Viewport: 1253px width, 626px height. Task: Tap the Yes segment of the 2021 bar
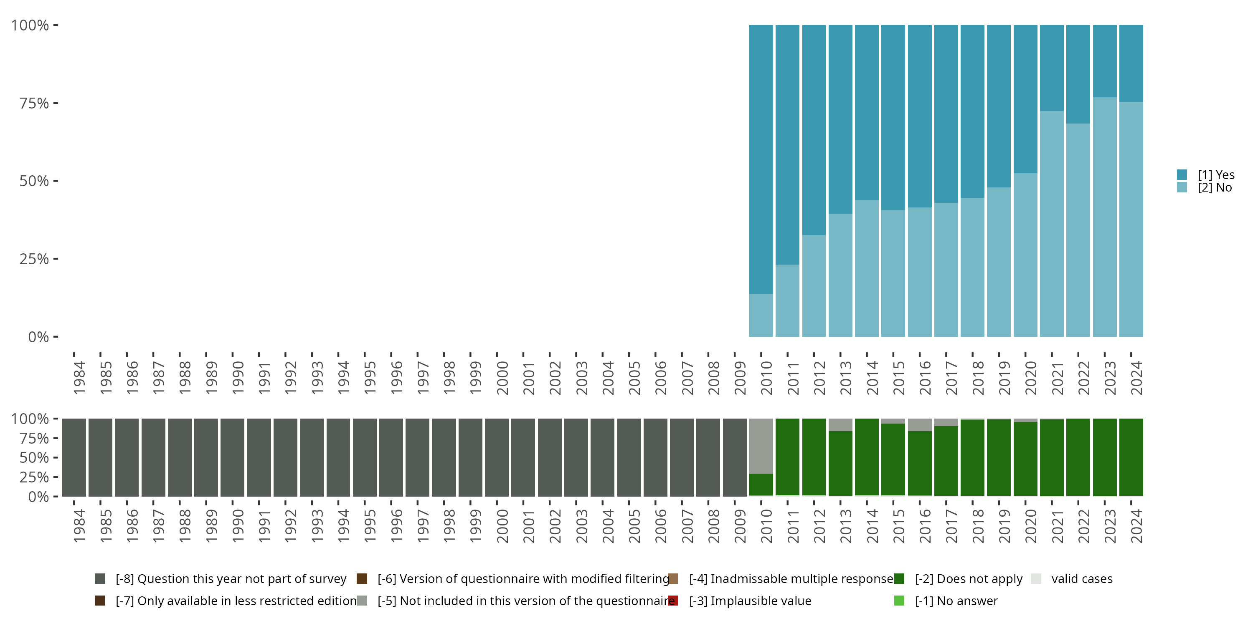[1052, 68]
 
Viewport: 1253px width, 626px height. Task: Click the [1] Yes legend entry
[1215, 175]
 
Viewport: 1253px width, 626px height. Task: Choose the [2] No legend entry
[1214, 188]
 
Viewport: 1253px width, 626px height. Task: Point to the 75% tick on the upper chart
[34, 103]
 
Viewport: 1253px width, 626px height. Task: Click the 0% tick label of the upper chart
[38, 337]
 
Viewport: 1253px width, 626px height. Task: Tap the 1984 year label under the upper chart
[79, 378]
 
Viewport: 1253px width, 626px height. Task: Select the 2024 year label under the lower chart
[1136, 526]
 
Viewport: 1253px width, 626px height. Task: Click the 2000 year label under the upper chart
[502, 378]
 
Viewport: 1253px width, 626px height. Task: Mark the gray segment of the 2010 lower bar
[761, 446]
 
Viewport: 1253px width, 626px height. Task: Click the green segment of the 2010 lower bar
[761, 485]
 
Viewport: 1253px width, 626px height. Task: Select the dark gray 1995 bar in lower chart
[365, 457]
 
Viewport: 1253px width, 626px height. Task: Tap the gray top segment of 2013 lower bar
[840, 425]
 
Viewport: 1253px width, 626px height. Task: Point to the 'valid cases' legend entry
[1081, 579]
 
